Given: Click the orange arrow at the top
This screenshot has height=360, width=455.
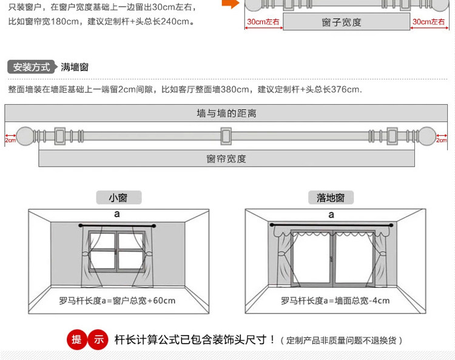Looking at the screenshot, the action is pyautogui.click(x=231, y=4).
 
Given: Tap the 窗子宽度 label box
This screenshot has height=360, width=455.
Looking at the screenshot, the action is pyautogui.click(x=346, y=21).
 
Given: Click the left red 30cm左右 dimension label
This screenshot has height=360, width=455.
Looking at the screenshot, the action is pyautogui.click(x=263, y=22).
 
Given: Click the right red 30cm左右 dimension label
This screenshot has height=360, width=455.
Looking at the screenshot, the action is pyautogui.click(x=428, y=22).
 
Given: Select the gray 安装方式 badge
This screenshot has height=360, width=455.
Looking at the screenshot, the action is pyautogui.click(x=32, y=67).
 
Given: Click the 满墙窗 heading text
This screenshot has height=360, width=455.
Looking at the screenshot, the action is pyautogui.click(x=75, y=67).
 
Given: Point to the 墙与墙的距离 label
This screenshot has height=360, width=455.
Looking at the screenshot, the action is pyautogui.click(x=226, y=113).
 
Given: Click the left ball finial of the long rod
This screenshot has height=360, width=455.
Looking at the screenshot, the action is pyautogui.click(x=25, y=136).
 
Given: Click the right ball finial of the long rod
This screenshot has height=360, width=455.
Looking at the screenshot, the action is pyautogui.click(x=427, y=136).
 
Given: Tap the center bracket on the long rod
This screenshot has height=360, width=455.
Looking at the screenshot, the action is pyautogui.click(x=226, y=136).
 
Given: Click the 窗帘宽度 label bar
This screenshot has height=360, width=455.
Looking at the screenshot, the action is pyautogui.click(x=226, y=158).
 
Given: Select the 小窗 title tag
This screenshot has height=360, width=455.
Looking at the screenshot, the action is pyautogui.click(x=119, y=198).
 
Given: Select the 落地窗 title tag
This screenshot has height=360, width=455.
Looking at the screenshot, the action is pyautogui.click(x=331, y=198).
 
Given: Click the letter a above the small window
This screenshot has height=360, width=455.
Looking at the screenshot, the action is pyautogui.click(x=117, y=214).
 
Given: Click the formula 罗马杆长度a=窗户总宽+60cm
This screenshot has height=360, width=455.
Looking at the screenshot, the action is pyautogui.click(x=117, y=301).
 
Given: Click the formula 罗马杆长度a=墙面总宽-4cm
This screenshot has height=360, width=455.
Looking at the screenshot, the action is pyautogui.click(x=335, y=301).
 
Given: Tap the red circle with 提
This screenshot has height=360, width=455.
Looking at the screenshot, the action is pyautogui.click(x=77, y=339).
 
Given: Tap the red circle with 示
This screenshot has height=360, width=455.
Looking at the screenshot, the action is pyautogui.click(x=98, y=339).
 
